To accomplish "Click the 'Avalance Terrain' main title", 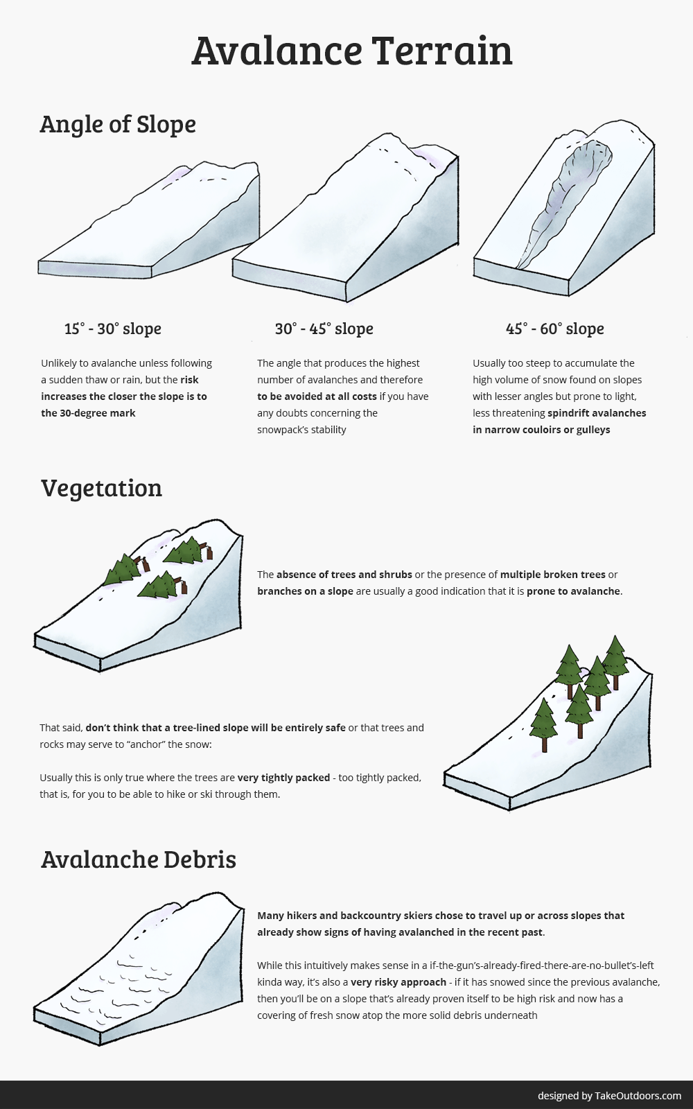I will (351, 50).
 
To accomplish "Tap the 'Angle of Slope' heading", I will (118, 124).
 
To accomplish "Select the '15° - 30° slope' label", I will (112, 329).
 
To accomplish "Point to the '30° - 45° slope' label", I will (324, 329).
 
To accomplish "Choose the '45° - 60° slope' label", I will (554, 329).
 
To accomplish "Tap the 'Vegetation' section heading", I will (101, 488).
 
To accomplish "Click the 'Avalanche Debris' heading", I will (139, 859).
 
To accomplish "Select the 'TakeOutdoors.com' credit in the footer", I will (638, 1096).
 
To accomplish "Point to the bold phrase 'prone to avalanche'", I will (573, 591).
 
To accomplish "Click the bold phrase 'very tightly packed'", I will (283, 778).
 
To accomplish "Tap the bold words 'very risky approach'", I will (398, 982).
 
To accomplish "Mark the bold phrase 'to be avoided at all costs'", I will (317, 396).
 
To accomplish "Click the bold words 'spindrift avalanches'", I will (597, 413).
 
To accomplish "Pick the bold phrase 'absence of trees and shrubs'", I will (344, 575).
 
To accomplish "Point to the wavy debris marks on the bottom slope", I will (125, 984).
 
